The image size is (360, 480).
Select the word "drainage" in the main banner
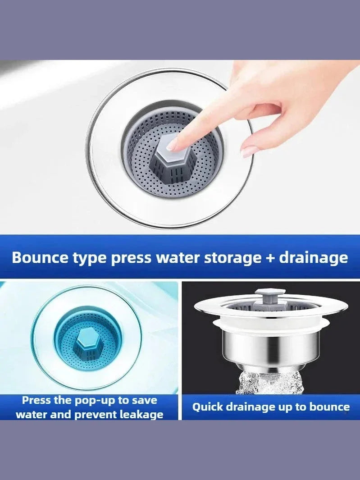313,258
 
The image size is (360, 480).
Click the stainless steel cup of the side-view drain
270,349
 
